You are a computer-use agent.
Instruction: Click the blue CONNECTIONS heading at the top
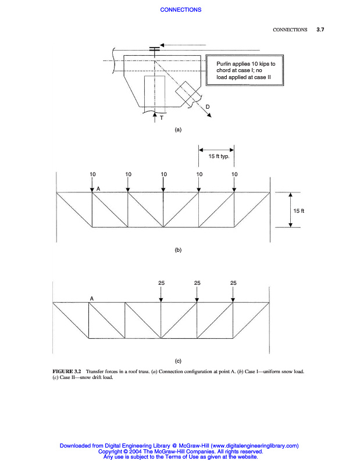180,9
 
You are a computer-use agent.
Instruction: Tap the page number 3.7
320,29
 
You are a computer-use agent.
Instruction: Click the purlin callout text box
245,70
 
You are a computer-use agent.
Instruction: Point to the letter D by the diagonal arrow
208,106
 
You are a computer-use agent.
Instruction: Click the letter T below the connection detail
162,118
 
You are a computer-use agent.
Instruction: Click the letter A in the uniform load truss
99,189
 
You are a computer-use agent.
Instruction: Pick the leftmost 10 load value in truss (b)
92,174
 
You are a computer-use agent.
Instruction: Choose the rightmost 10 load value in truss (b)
234,174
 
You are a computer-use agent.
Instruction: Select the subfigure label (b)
179,250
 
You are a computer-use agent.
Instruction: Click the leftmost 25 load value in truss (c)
161,282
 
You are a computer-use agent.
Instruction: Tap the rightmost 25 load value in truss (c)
233,282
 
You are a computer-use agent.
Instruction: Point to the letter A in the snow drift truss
92,298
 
